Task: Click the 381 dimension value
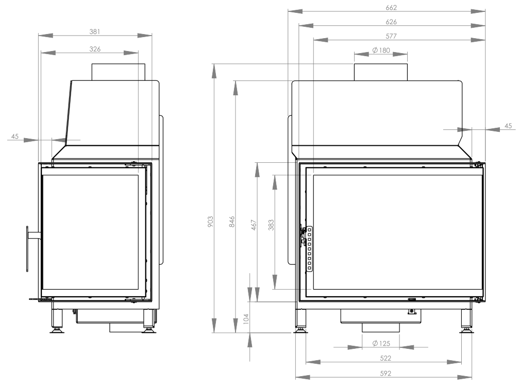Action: pos(95,32)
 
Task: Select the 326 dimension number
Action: pos(95,49)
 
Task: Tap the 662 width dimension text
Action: pos(391,8)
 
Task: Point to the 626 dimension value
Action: pos(391,22)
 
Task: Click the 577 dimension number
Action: pos(391,36)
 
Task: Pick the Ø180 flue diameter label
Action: pos(381,50)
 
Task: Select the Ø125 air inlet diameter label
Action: pos(381,343)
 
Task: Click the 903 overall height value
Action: pos(210,222)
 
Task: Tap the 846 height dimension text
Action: pos(232,222)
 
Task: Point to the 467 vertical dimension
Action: pos(254,225)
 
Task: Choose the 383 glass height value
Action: pos(271,225)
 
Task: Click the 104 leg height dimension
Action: pos(246,319)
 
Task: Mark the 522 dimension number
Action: pos(386,358)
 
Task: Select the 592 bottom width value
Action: pos(386,374)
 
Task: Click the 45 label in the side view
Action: pos(15,137)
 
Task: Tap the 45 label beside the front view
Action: pos(508,126)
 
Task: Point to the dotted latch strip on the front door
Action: pos(309,249)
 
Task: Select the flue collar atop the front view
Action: pos(381,72)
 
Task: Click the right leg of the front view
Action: pos(466,321)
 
